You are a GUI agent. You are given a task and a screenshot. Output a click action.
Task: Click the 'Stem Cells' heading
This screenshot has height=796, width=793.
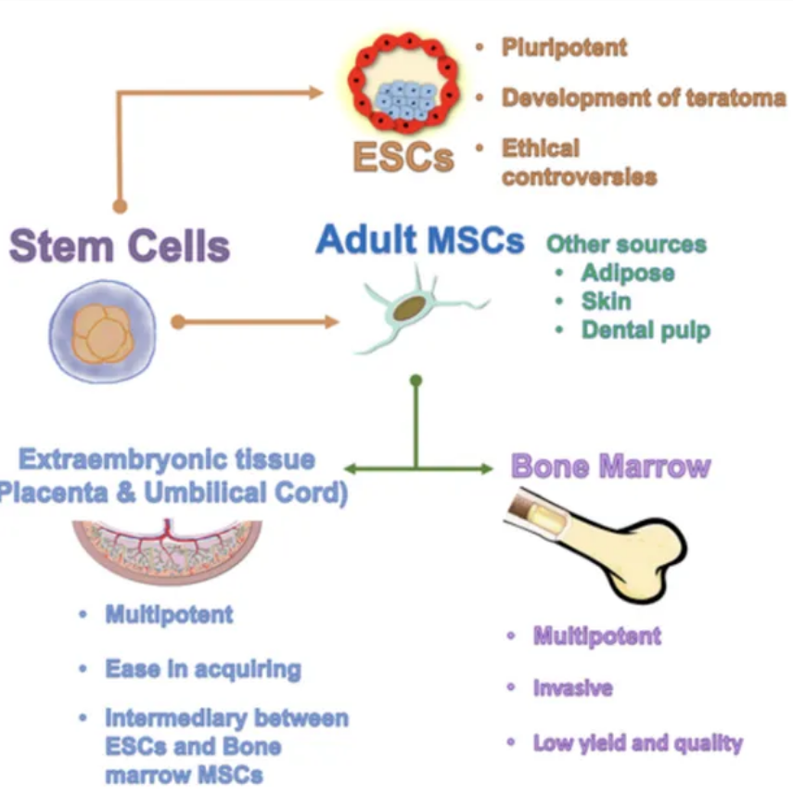[x=120, y=246]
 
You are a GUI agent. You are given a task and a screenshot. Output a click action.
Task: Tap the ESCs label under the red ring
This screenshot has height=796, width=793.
[x=403, y=157]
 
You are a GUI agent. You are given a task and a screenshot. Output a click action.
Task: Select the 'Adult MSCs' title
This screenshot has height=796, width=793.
[x=420, y=239]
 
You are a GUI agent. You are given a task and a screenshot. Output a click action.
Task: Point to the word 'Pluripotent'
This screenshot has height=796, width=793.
[x=564, y=47]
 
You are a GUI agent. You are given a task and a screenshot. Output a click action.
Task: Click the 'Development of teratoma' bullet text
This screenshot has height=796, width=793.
[x=644, y=97]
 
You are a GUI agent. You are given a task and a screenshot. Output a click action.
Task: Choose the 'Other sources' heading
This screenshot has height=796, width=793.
[x=627, y=244]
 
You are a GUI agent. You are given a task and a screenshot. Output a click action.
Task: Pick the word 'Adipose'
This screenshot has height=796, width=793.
[x=628, y=273]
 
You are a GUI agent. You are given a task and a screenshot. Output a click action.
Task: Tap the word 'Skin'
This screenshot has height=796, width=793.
[x=607, y=301]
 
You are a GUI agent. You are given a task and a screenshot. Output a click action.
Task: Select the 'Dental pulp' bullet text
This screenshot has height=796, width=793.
[x=646, y=330]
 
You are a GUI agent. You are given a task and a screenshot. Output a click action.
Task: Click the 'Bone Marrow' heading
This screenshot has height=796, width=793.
[x=611, y=466]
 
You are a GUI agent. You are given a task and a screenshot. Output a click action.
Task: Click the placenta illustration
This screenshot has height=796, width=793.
[x=168, y=550]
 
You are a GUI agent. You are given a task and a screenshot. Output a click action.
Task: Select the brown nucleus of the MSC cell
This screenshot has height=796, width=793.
[x=409, y=308]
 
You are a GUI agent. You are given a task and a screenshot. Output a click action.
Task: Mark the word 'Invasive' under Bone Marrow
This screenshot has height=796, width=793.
[x=573, y=687]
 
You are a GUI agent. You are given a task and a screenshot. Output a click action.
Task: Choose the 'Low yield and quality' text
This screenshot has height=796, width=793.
[x=638, y=743]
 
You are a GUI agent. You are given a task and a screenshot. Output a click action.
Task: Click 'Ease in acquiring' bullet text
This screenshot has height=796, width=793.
[x=203, y=669]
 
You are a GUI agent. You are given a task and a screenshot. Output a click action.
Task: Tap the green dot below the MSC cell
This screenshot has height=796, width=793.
[x=416, y=380]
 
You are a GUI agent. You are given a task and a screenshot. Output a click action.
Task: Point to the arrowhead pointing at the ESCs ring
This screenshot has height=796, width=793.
[x=316, y=93]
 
